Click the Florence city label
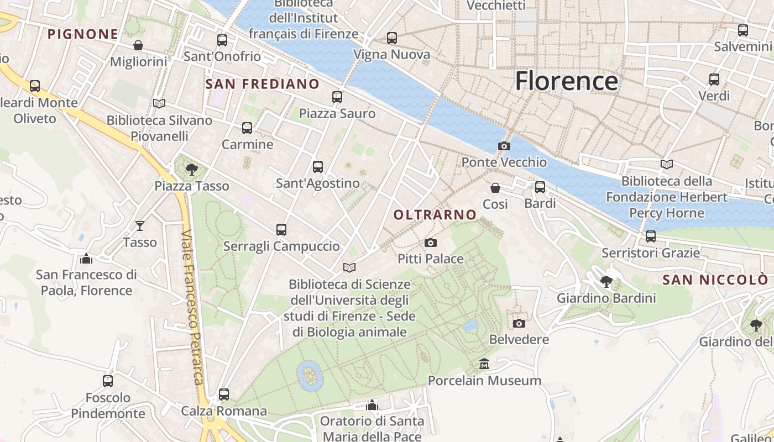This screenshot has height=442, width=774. (x=566, y=81)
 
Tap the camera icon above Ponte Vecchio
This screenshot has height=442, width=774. (x=504, y=146)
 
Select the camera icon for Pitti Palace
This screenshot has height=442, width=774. (x=430, y=243)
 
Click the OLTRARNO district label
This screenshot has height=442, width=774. (x=435, y=215)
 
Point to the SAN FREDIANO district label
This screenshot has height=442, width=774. (x=262, y=84)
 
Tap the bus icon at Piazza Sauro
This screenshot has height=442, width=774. (x=337, y=97)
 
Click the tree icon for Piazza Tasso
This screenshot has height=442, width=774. (x=192, y=170)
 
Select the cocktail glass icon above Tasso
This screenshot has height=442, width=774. (x=140, y=225)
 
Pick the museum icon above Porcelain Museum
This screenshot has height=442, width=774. (x=484, y=364)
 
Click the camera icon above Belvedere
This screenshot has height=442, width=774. (x=519, y=323)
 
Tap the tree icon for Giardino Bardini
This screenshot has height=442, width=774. (x=606, y=282)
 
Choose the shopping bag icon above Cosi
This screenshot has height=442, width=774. (x=495, y=188)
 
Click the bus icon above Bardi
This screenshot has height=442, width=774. (x=540, y=187)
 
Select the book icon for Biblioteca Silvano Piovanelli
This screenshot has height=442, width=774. (x=159, y=103)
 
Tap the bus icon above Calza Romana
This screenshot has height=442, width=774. (x=223, y=394)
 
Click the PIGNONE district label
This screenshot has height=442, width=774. (x=83, y=34)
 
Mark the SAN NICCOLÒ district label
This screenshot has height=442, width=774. (x=715, y=280)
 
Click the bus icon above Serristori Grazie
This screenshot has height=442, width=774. (x=651, y=236)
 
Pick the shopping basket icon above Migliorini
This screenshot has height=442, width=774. (x=138, y=45)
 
